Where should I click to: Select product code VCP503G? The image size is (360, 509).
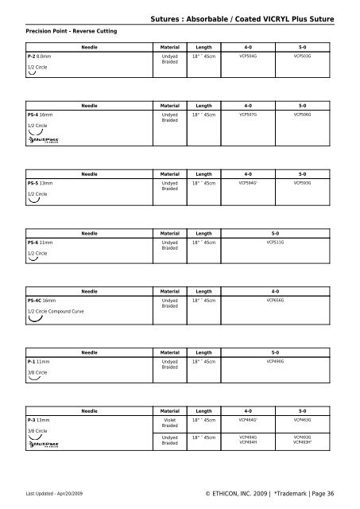(302, 57)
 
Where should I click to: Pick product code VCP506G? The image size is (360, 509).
(302, 114)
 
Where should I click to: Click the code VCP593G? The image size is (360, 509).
(302, 183)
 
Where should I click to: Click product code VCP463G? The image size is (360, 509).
(302, 418)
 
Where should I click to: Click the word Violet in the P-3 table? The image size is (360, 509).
(169, 418)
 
